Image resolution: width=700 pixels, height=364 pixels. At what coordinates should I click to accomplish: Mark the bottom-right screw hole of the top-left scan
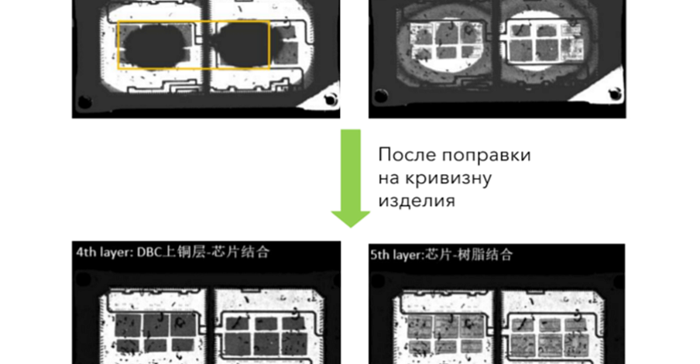pos(331,98)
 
